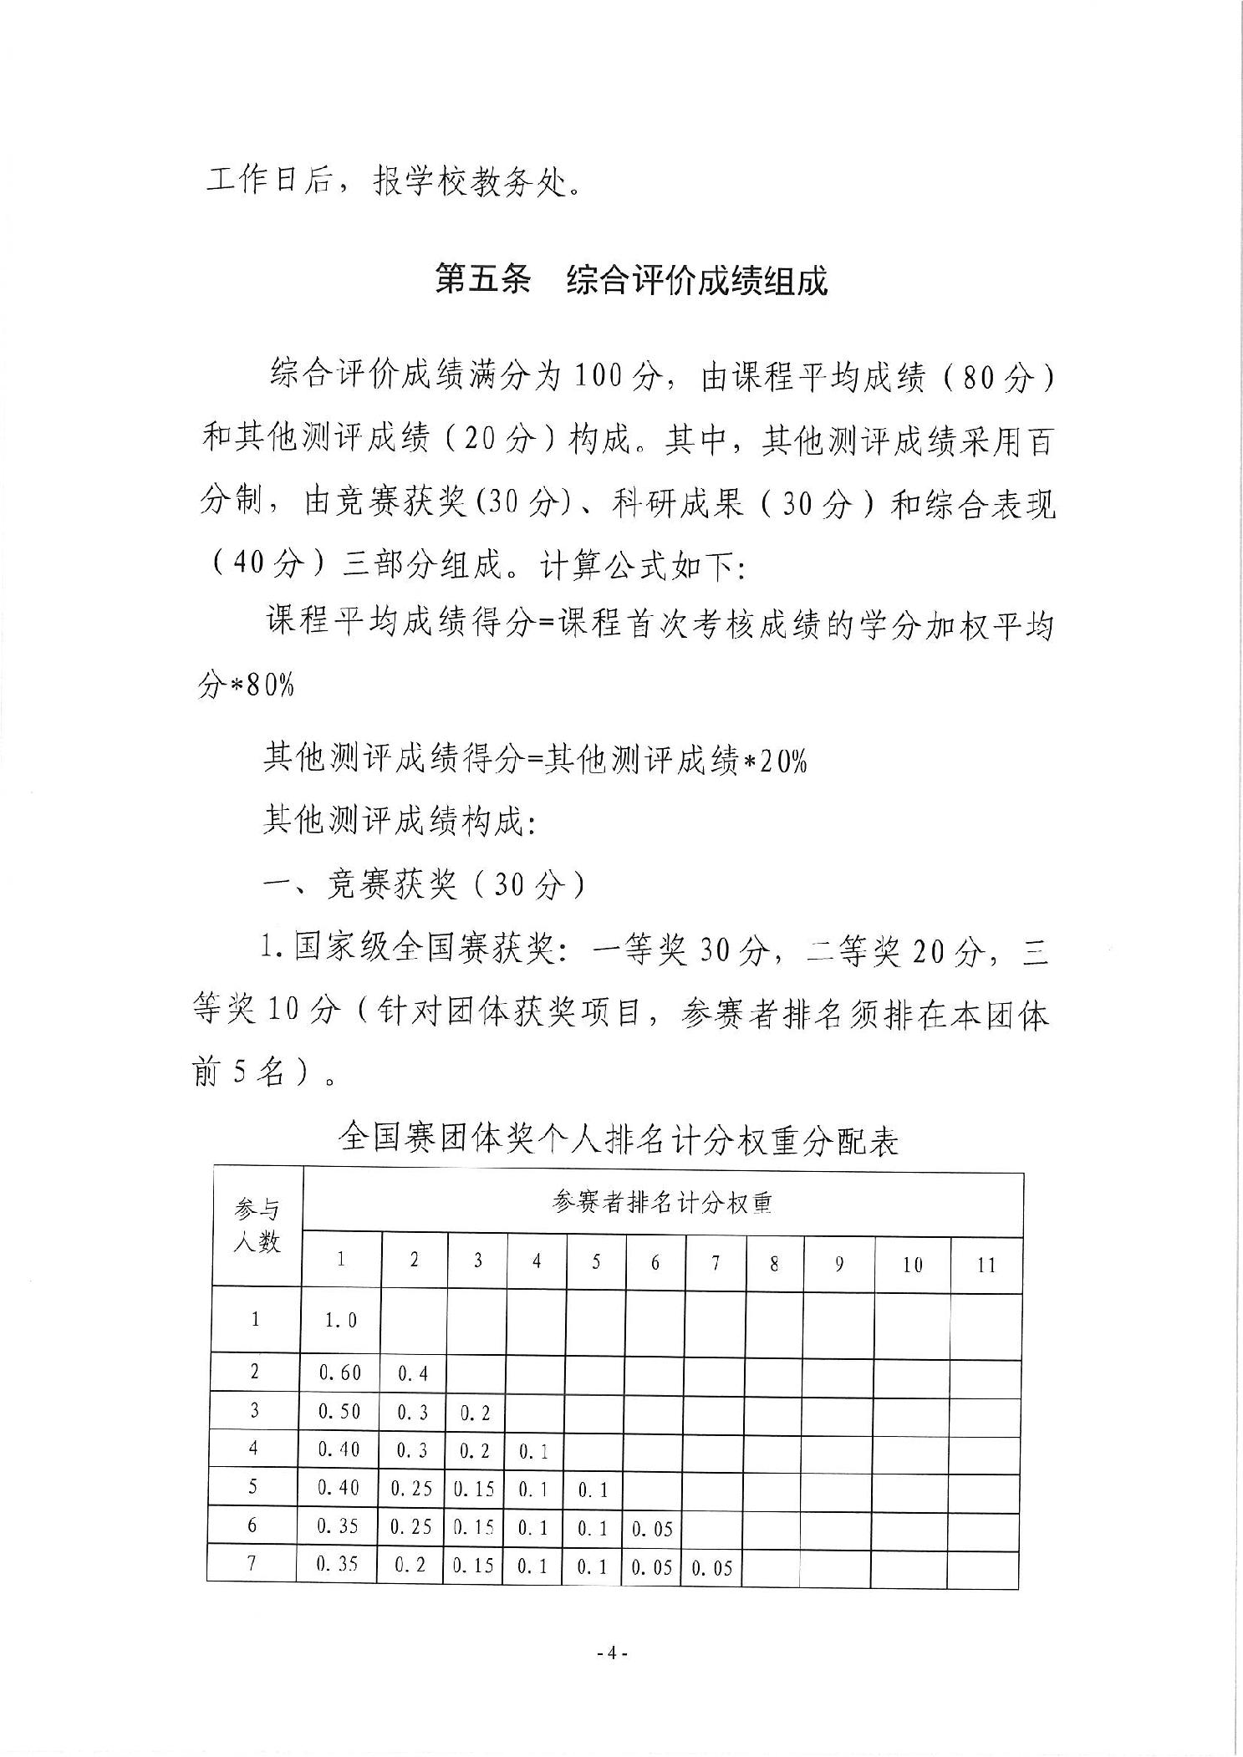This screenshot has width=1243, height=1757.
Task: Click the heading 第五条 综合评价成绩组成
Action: click(631, 281)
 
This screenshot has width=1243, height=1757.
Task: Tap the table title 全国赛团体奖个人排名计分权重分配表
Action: click(619, 1140)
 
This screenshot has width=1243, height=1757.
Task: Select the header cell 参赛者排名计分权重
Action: click(662, 1202)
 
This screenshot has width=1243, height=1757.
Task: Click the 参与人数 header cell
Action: click(257, 1226)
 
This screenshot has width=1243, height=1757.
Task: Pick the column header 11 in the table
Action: click(986, 1264)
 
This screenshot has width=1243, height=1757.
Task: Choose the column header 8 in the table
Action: click(774, 1264)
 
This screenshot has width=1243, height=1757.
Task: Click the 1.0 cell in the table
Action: click(341, 1320)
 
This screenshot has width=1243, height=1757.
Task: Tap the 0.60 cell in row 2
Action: click(340, 1372)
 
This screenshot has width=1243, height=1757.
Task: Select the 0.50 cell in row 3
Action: click(340, 1411)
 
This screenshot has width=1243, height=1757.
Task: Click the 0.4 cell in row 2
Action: click(414, 1373)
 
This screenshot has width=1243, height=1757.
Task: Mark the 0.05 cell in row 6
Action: click(652, 1529)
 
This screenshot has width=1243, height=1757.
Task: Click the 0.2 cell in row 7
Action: click(414, 1565)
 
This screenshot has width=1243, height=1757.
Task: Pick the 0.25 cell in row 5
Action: click(412, 1489)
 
